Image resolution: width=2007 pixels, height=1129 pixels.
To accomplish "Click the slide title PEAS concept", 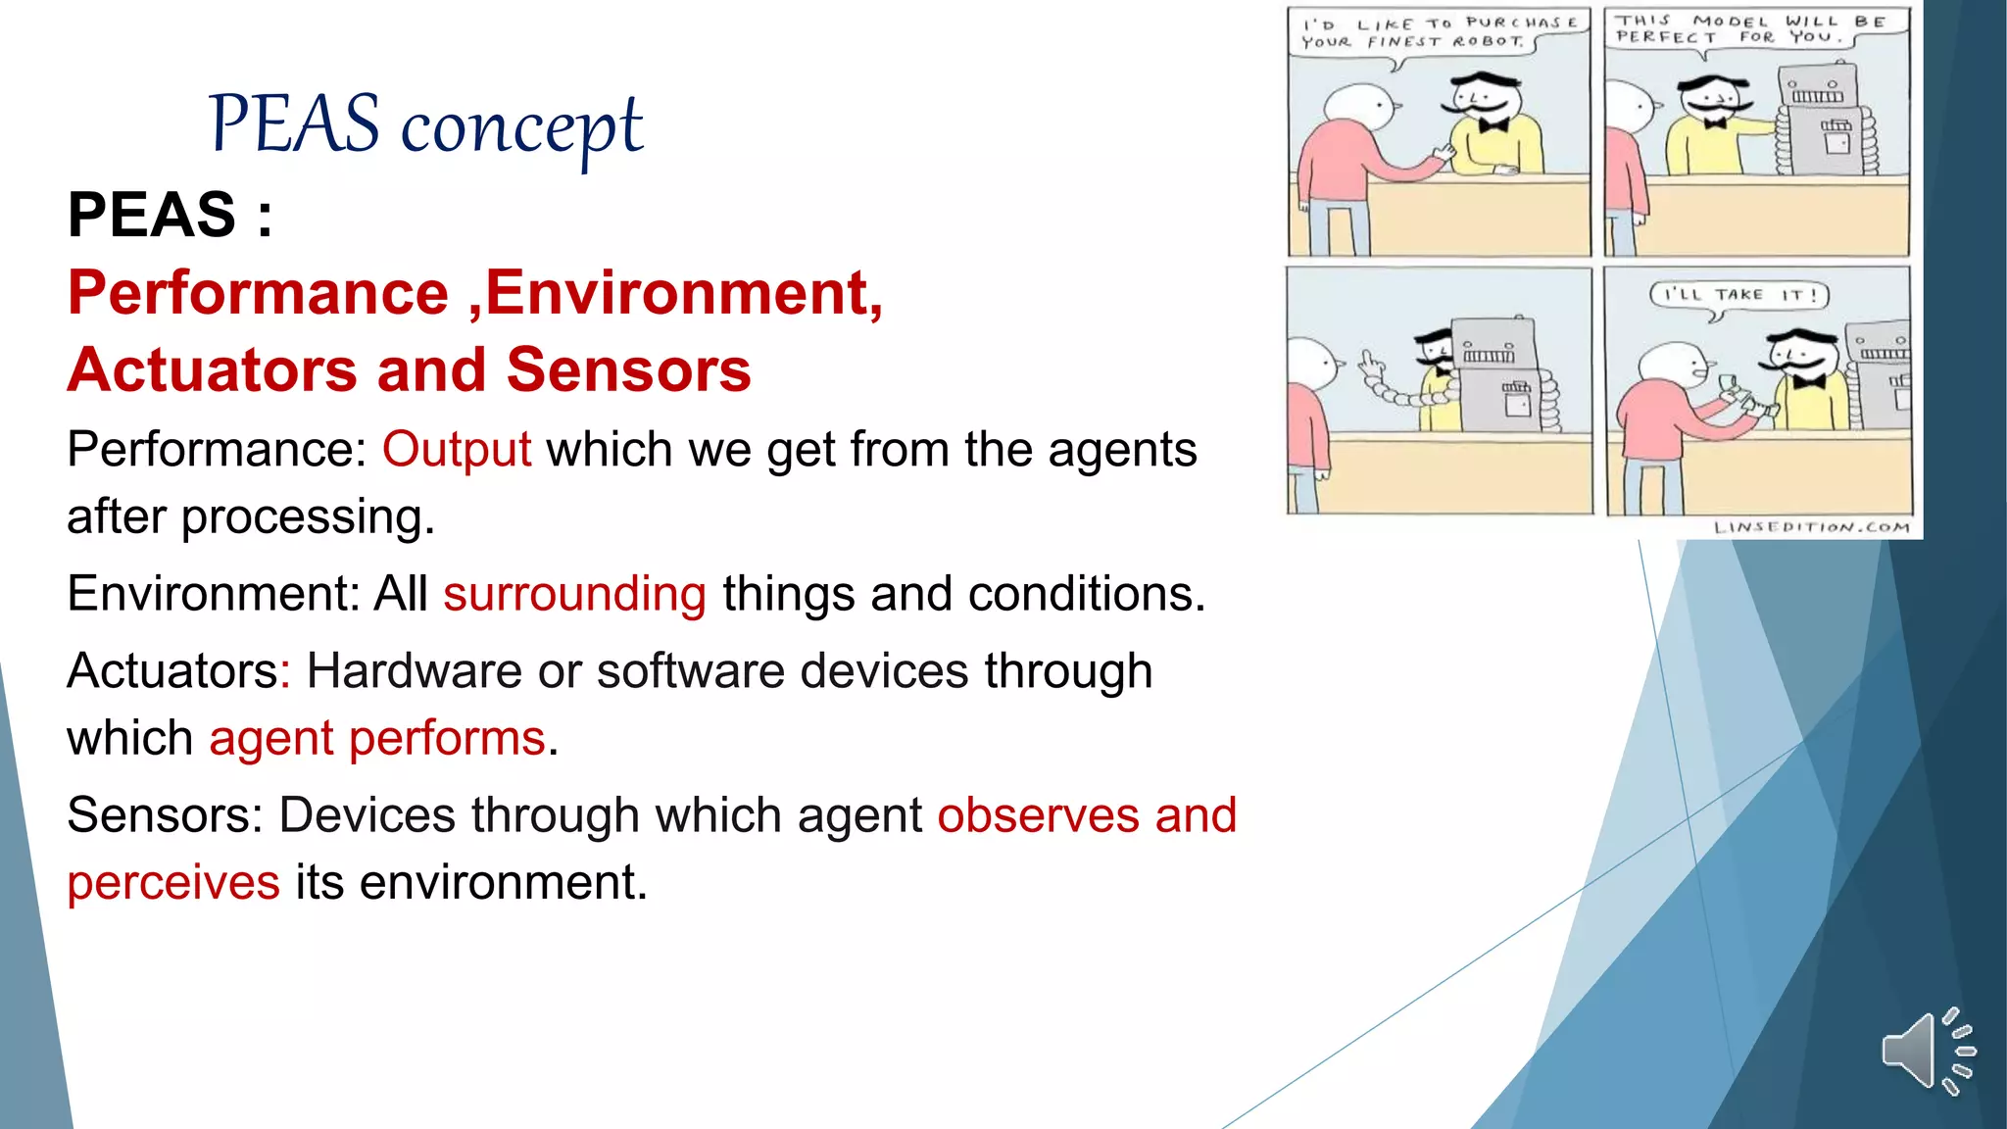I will click(425, 125).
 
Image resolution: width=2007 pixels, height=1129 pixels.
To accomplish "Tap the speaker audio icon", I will click(1927, 1051).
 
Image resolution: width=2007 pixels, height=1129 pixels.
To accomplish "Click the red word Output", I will click(457, 450).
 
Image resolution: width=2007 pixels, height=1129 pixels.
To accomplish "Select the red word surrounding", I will click(574, 594).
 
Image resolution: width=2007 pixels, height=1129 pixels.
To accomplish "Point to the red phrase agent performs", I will click(376, 738).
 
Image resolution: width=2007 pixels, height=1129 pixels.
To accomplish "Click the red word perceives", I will click(173, 882).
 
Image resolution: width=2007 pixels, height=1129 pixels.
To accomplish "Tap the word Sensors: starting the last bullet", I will click(165, 815).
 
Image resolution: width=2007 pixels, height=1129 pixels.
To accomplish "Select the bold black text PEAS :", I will click(170, 215).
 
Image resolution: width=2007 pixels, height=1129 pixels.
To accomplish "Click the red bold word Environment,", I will click(684, 293).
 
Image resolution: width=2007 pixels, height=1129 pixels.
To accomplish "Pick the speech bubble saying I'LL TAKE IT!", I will click(1738, 295).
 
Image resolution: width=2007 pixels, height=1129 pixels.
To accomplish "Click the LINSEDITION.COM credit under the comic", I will click(1811, 527).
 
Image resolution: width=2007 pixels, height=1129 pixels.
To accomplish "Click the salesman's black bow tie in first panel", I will click(1493, 125).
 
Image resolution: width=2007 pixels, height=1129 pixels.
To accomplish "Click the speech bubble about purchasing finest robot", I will click(1438, 33).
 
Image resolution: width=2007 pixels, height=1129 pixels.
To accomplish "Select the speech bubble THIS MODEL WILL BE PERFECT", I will click(1753, 29).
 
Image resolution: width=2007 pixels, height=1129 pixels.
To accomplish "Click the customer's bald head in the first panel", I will click(1355, 107).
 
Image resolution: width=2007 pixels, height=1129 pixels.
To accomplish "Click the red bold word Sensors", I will click(628, 370).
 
